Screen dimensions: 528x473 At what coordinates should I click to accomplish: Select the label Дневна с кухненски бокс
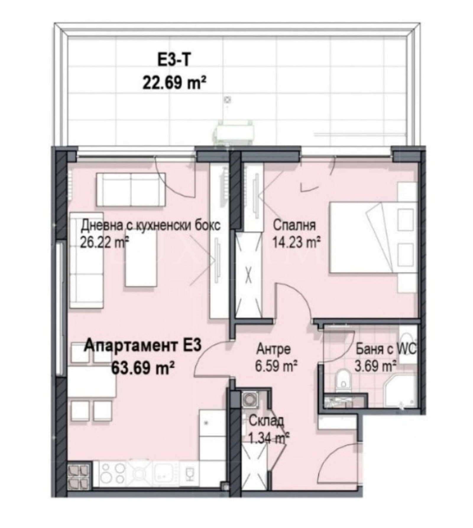click(x=150, y=225)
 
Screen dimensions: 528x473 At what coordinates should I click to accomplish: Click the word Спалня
click(x=294, y=225)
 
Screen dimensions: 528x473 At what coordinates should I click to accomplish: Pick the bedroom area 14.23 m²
click(x=296, y=243)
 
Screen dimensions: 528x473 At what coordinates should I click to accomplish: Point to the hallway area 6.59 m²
click(x=276, y=366)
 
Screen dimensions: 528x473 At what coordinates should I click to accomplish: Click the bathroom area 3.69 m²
click(x=375, y=366)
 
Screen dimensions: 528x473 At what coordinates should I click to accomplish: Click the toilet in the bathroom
click(x=343, y=379)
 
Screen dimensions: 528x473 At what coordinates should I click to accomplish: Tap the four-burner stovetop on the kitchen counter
click(x=112, y=473)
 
